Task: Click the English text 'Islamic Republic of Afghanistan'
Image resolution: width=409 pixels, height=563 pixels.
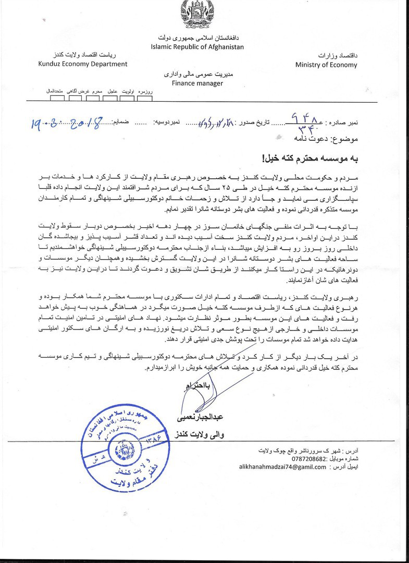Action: pyautogui.click(x=197, y=47)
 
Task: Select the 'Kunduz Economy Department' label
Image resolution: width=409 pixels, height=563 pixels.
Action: pyautogui.click(x=83, y=64)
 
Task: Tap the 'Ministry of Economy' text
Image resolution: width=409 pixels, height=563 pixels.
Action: pyautogui.click(x=326, y=65)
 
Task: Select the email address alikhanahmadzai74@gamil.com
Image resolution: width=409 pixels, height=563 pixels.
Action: pyautogui.click(x=283, y=467)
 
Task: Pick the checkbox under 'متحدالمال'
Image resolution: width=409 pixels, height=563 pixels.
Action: pyautogui.click(x=57, y=97)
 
